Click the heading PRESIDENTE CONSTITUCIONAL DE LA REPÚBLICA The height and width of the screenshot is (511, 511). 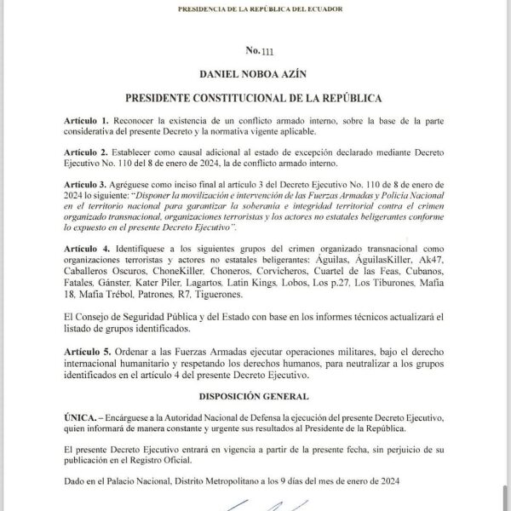pyautogui.click(x=253, y=99)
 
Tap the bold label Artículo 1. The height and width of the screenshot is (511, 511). pyautogui.click(x=86, y=121)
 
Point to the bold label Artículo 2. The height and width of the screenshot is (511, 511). pyautogui.click(x=86, y=150)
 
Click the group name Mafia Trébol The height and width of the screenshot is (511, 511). pyautogui.click(x=107, y=294)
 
